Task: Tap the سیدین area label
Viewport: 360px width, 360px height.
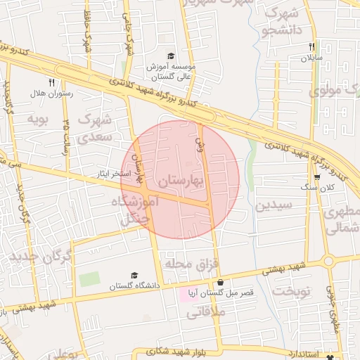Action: coord(272,206)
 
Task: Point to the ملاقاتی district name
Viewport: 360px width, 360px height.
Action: coord(206,314)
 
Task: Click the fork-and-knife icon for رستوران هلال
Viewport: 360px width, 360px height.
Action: coord(51,82)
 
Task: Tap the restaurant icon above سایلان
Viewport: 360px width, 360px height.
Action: coord(311,47)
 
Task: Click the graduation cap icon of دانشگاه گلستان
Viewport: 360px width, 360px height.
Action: coord(134,276)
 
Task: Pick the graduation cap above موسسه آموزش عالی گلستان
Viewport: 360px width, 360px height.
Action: coord(169,56)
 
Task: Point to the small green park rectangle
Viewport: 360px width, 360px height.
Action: coord(89,278)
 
